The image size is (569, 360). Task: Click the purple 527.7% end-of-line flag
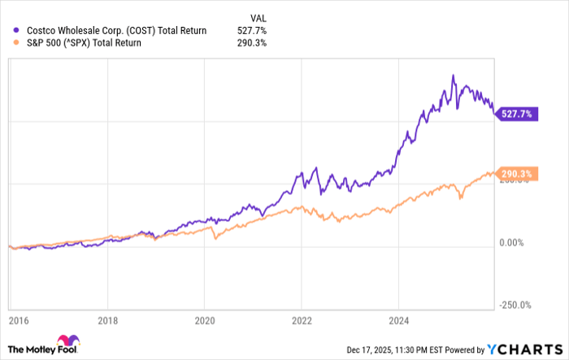[517, 115]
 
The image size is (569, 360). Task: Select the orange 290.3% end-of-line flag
[517, 175]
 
